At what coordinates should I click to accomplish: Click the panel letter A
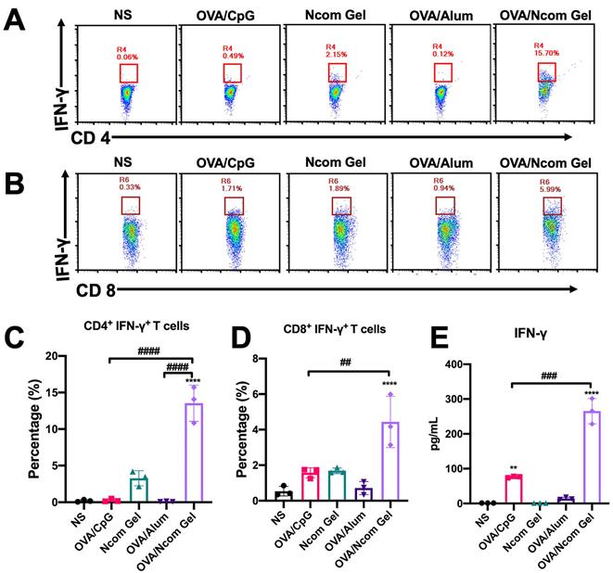pos(15,19)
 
